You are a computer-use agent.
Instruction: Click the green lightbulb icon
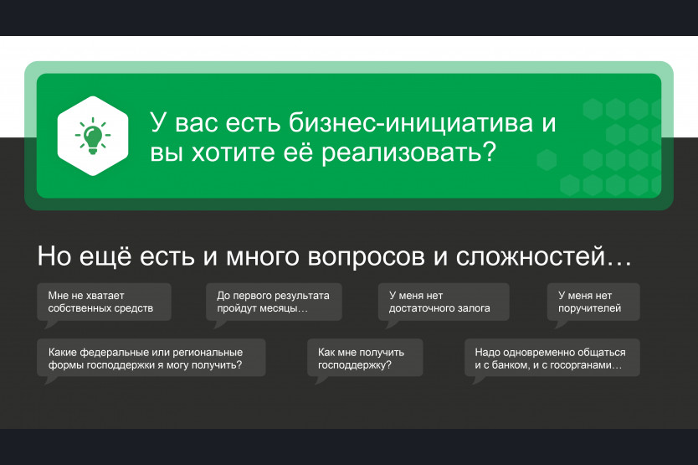pyautogui.click(x=93, y=136)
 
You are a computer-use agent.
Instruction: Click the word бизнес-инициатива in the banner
pyautogui.click(x=411, y=122)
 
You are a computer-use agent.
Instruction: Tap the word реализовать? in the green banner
pyautogui.click(x=408, y=153)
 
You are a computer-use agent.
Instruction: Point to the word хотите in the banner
pyautogui.click(x=234, y=152)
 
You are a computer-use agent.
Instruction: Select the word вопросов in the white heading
pyautogui.click(x=366, y=257)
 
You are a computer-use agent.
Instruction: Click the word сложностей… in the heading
pyautogui.click(x=543, y=256)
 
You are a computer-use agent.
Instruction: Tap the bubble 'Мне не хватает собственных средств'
pyautogui.click(x=104, y=302)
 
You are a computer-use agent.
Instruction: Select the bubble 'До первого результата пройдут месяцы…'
pyautogui.click(x=274, y=302)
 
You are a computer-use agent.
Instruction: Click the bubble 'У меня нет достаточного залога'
pyautogui.click(x=444, y=302)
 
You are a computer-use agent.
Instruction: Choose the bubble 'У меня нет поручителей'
pyautogui.click(x=593, y=302)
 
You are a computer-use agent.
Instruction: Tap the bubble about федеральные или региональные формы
pyautogui.click(x=151, y=358)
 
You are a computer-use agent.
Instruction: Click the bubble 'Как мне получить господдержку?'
pyautogui.click(x=365, y=358)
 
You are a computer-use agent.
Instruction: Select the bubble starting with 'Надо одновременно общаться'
pyautogui.click(x=552, y=358)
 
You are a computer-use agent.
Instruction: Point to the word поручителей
pyautogui.click(x=589, y=308)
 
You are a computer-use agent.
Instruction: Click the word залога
pyautogui.click(x=476, y=308)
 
